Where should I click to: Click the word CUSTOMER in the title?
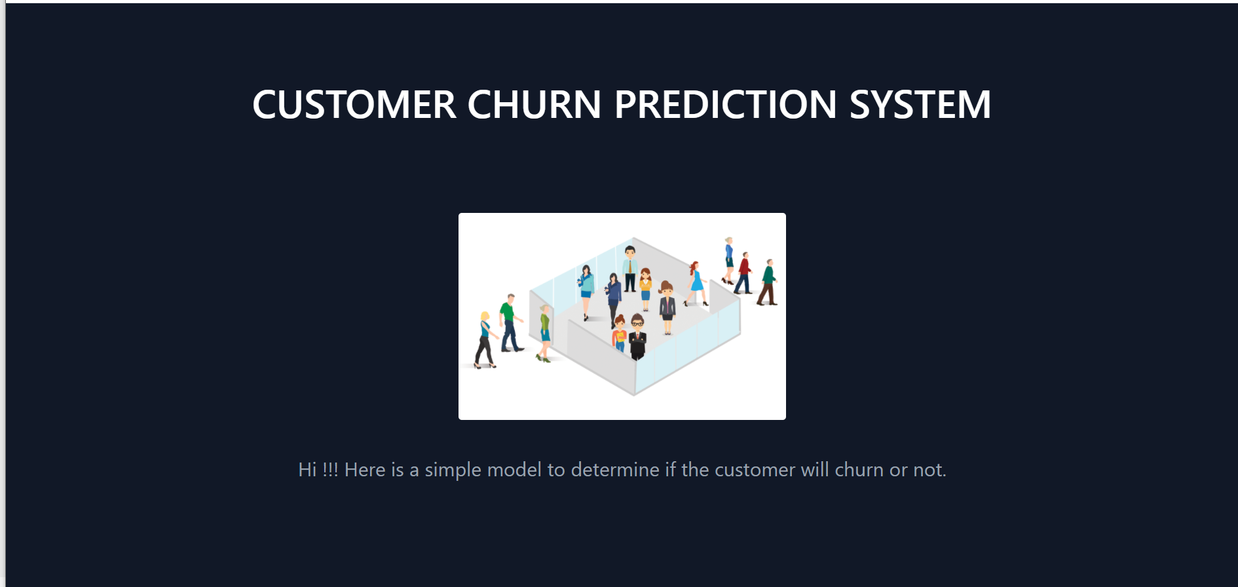point(354,105)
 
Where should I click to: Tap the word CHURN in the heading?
point(534,105)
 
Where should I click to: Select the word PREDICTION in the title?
point(725,105)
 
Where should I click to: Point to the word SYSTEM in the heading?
point(920,105)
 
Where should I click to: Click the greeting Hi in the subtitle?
point(307,470)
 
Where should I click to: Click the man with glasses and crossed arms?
point(637,336)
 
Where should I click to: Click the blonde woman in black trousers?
point(485,339)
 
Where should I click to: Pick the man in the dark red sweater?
point(744,272)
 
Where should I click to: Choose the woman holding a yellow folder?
point(619,334)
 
